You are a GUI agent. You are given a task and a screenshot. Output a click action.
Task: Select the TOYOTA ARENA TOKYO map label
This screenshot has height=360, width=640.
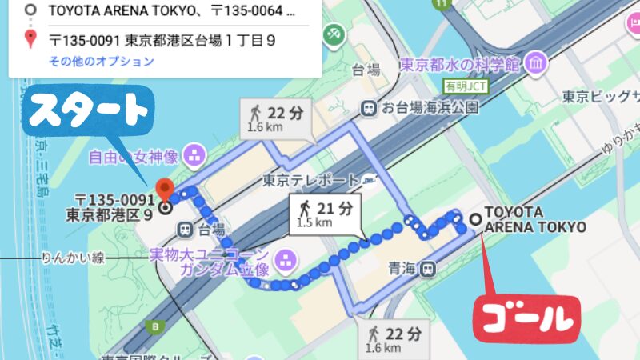535,220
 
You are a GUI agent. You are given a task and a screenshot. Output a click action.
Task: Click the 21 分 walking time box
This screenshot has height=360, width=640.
325,214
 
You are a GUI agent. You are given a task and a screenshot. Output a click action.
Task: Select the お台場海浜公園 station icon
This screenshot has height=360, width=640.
369,106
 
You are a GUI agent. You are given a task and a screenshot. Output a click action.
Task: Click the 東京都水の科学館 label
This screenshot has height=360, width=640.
459,63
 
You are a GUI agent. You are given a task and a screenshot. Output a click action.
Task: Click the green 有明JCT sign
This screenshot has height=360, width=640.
465,86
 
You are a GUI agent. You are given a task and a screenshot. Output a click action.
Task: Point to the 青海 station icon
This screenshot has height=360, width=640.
430,269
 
